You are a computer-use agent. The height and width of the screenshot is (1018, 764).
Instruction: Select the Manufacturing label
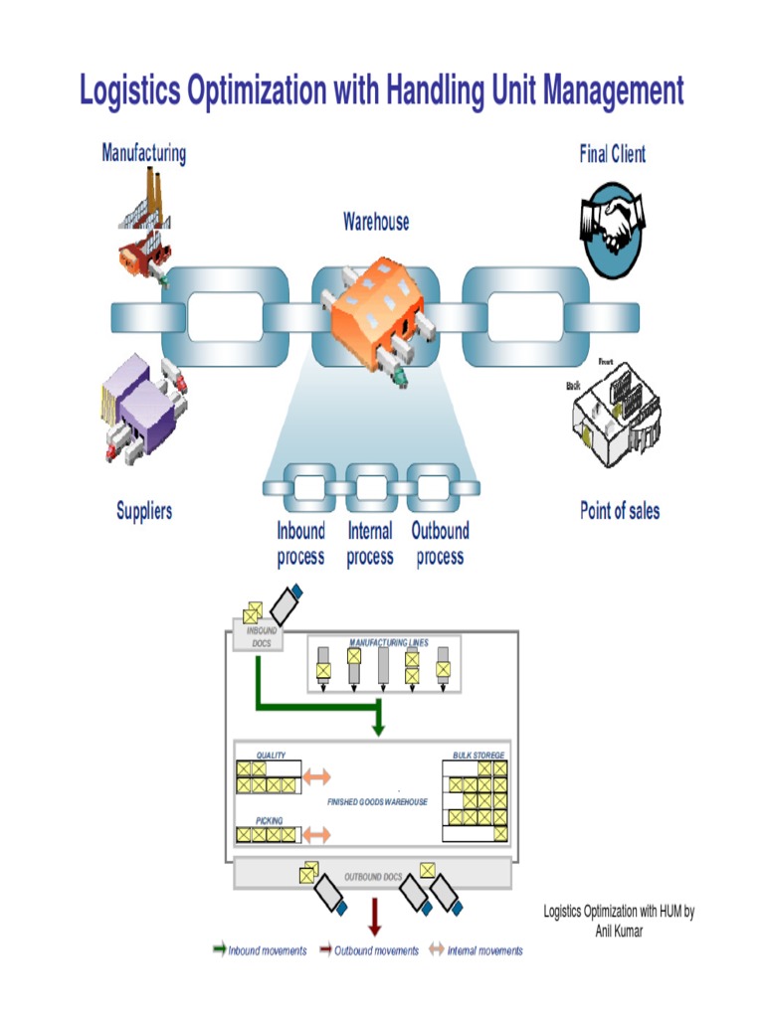pyautogui.click(x=143, y=153)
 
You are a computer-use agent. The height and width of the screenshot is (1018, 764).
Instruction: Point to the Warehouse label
pyautogui.click(x=376, y=221)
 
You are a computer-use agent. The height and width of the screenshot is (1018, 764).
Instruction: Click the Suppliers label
pyautogui.click(x=144, y=511)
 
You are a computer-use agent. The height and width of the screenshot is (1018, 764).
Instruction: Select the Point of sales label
pyautogui.click(x=619, y=511)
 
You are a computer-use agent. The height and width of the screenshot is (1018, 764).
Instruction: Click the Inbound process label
pyautogui.click(x=300, y=544)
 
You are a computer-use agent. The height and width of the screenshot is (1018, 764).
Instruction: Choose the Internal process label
pyautogui.click(x=370, y=544)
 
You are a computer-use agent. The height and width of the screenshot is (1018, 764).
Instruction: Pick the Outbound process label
pyautogui.click(x=440, y=544)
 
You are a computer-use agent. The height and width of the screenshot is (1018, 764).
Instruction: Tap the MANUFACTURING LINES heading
pyautogui.click(x=388, y=643)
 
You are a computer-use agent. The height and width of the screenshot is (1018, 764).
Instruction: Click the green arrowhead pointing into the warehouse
pyautogui.click(x=378, y=728)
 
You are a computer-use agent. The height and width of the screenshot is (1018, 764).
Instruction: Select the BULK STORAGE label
pyautogui.click(x=478, y=756)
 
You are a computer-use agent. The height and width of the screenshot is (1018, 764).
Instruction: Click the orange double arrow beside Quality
pyautogui.click(x=316, y=775)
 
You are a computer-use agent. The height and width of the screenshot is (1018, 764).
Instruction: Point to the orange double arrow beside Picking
pyautogui.click(x=316, y=833)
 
